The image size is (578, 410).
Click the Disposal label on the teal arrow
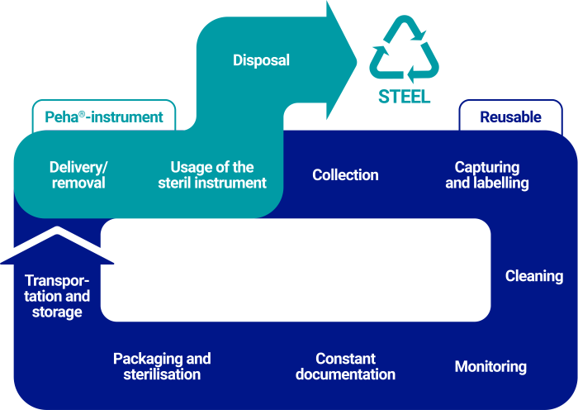[x=261, y=60]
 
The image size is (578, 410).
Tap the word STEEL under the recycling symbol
[x=404, y=97]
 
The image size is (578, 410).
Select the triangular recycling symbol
[x=404, y=50]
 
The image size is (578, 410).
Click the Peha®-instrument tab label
[x=104, y=117]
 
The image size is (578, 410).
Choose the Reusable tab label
[x=510, y=117]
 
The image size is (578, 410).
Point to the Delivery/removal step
[x=78, y=175]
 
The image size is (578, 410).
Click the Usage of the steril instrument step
[x=212, y=175]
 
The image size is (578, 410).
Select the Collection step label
[x=345, y=175]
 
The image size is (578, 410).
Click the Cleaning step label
[x=534, y=276]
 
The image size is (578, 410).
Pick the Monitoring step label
[x=490, y=367]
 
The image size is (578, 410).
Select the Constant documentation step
[x=345, y=367]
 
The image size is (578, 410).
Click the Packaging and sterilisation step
[x=162, y=367]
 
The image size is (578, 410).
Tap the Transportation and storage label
[x=57, y=296]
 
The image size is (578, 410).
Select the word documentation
[x=345, y=374]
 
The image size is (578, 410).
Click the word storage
[x=57, y=312]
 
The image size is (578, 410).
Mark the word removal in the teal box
[x=78, y=184]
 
